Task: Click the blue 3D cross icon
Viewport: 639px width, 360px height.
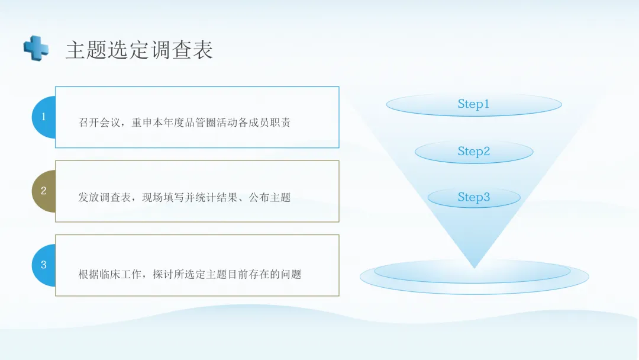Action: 36,48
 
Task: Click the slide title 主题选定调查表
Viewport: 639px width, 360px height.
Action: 140,50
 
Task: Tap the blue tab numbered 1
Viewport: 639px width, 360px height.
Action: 44,117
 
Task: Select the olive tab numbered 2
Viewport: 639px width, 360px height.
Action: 44,191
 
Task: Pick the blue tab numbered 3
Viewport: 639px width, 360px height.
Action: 44,265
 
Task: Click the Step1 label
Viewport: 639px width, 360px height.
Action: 473,104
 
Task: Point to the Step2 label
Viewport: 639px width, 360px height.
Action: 473,151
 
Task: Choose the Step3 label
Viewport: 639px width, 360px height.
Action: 473,197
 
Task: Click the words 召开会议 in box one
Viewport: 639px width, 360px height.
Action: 99,123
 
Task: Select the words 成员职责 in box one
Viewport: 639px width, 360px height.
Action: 269,123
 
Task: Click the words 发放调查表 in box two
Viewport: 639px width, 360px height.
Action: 105,197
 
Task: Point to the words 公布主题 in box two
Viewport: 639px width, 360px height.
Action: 269,197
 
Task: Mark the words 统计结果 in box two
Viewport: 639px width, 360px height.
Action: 216,197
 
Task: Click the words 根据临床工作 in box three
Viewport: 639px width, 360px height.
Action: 110,274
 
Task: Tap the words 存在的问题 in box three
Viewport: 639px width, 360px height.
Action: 275,274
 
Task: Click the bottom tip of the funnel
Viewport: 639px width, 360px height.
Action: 474,268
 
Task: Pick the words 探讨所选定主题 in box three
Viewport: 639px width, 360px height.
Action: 189,274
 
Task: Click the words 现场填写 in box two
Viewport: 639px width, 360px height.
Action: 163,197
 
